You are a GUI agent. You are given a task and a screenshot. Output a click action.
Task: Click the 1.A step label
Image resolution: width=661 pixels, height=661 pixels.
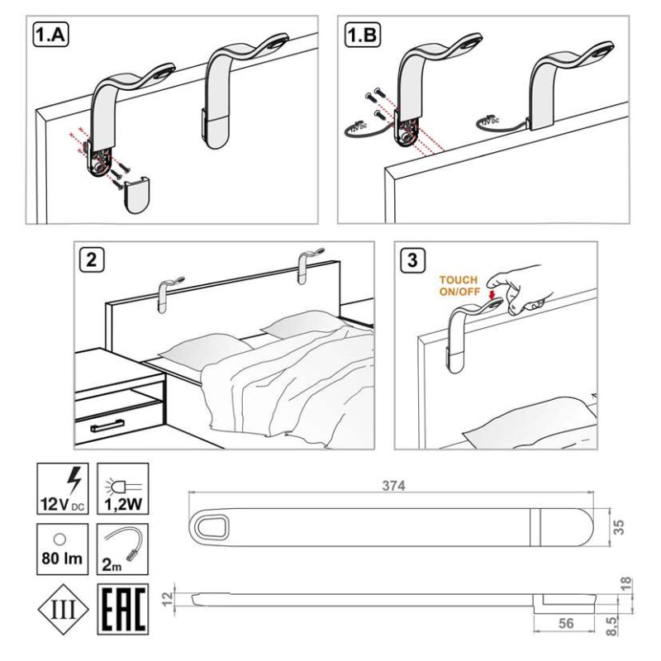coord(51,35)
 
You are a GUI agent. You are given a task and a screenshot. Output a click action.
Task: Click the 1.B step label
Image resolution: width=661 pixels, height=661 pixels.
coord(363,35)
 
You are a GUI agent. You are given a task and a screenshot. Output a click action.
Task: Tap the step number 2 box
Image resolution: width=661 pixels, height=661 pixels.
coord(92,259)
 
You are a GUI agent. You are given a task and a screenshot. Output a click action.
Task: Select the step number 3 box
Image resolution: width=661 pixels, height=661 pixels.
coord(412,259)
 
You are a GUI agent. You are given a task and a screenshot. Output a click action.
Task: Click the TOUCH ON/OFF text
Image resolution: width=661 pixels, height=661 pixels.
coord(459,285)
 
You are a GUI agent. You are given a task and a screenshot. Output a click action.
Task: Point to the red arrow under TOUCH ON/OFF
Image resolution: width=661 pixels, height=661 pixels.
coord(492,294)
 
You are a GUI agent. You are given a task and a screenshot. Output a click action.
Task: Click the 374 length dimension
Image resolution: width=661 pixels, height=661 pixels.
coord(394,486)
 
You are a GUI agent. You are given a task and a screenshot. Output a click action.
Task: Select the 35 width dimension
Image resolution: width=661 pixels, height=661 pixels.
coord(618,527)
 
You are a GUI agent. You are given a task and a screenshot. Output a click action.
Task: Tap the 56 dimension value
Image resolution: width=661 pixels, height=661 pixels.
coord(566,623)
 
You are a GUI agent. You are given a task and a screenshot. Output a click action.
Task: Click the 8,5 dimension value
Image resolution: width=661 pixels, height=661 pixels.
coord(611,625)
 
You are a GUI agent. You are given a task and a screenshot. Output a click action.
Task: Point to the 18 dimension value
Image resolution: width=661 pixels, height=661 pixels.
coord(626,583)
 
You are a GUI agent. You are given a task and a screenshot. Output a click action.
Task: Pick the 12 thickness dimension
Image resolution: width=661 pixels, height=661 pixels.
coord(168,598)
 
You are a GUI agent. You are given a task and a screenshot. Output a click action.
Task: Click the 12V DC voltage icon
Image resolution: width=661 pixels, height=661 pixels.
coord(63,488)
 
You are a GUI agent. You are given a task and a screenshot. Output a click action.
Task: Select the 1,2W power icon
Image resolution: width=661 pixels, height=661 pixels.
coord(122,488)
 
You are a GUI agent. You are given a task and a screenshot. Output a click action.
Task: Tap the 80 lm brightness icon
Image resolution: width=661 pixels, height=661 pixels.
coord(63,549)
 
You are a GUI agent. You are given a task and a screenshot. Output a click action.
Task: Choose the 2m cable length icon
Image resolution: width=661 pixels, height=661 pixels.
coord(122,549)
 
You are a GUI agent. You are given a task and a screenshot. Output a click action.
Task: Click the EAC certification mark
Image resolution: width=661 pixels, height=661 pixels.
coord(122,609)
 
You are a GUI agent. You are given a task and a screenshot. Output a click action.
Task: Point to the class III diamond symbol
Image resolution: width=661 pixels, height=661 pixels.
coord(64,609)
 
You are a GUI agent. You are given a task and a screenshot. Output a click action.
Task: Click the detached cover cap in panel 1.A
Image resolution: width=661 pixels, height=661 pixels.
coord(136,195)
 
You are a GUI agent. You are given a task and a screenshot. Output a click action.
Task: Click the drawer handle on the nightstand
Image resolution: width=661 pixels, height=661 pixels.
coord(107,426)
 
